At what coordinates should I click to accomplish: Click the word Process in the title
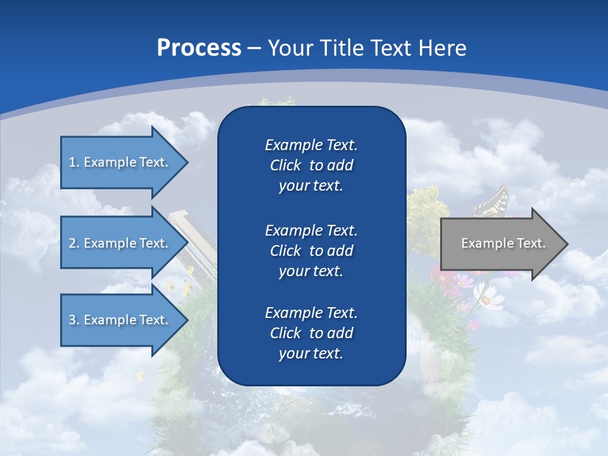click(x=199, y=48)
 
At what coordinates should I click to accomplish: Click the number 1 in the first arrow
click(x=72, y=162)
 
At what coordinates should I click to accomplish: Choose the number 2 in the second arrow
click(x=72, y=243)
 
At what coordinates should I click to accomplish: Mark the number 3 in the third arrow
click(x=72, y=320)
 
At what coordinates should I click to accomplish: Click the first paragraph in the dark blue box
click(x=311, y=165)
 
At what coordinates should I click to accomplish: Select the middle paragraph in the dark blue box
click(x=311, y=251)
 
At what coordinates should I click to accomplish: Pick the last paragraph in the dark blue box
click(x=311, y=333)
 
